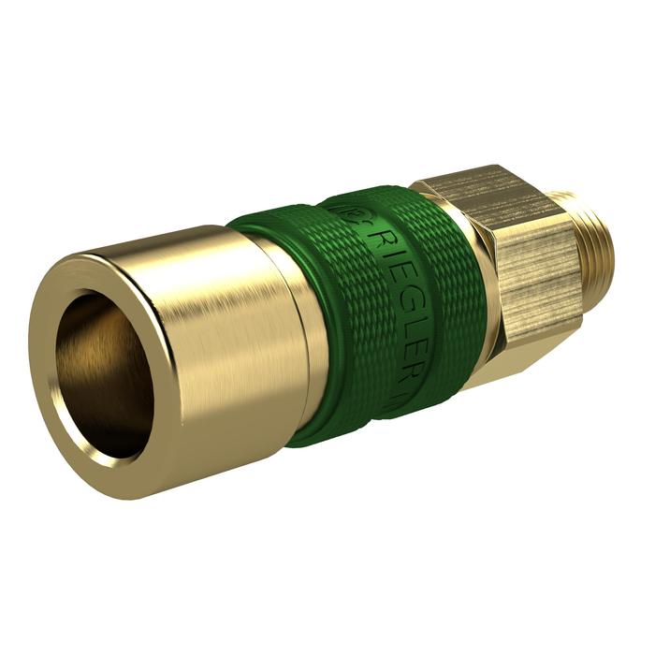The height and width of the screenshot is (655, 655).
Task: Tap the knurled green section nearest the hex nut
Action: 440,290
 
